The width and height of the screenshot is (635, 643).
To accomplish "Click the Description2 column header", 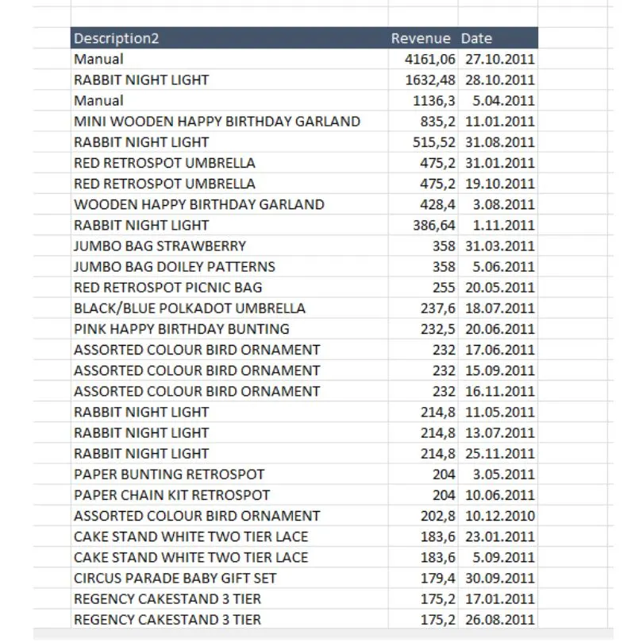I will point(117,38).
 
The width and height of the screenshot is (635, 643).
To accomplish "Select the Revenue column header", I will point(421,38).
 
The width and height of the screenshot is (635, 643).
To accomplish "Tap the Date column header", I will point(477,38).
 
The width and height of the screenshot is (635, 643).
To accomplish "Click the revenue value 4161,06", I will point(430,59).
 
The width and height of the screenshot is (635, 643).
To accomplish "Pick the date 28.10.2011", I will point(499,79).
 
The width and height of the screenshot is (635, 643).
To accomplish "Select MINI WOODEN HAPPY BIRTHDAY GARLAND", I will point(217,122).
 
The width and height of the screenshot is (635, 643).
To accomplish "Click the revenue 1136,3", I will point(434,101).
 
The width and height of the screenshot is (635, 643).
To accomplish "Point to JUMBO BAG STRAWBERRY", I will point(160,246).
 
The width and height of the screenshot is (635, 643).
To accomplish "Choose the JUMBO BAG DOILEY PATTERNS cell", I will point(175,266).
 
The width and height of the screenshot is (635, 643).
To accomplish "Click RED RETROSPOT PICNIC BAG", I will point(167,287).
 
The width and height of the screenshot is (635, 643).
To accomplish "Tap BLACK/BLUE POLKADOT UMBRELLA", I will point(189,308).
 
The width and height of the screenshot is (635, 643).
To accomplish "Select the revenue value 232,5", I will point(438,329).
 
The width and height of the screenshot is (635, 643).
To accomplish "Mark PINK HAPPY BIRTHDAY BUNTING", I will point(181,329).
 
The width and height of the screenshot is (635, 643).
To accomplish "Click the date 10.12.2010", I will point(499,516).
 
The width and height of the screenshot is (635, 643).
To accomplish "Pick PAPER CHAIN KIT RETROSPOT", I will point(171,495).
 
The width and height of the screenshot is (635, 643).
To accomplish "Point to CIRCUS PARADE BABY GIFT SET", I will point(175,578).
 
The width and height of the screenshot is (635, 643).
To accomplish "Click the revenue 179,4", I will point(438,578).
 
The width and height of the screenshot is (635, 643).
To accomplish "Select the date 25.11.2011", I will point(499,454).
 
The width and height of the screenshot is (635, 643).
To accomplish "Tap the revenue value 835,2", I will point(438,122).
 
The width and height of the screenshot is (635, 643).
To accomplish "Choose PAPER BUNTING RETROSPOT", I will point(169,475).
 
